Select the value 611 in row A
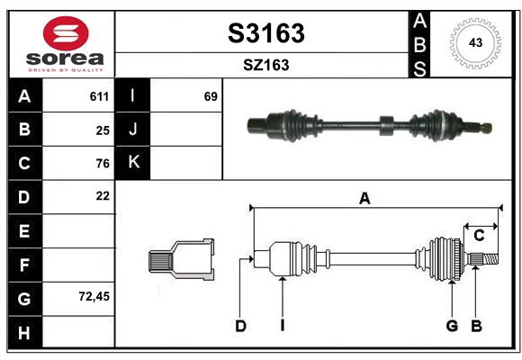[99, 96]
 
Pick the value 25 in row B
[103, 130]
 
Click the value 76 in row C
[103, 163]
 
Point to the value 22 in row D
[103, 195]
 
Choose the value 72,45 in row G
[94, 295]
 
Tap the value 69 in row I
[211, 96]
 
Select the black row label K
[133, 163]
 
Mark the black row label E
[24, 230]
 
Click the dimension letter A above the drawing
[364, 199]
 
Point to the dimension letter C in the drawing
[480, 236]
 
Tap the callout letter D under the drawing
[240, 326]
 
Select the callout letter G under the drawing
[452, 326]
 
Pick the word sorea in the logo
[66, 59]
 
